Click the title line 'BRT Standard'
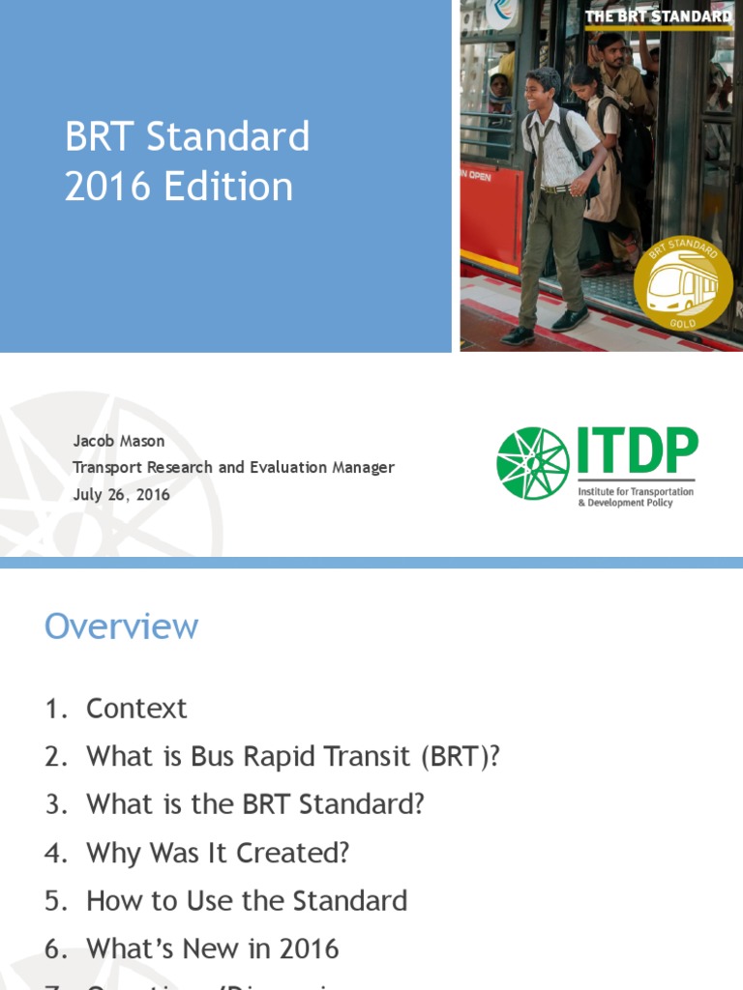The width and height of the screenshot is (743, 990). [187, 137]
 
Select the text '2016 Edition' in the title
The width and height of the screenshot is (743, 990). [179, 187]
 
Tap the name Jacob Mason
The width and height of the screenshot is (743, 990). [119, 441]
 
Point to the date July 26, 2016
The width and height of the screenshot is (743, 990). [122, 494]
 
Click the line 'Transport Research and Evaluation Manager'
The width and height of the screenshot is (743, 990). [234, 467]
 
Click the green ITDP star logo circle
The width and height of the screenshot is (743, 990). [533, 463]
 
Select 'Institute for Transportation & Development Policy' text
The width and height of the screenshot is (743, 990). [636, 497]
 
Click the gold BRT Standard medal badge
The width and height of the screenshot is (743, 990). [684, 286]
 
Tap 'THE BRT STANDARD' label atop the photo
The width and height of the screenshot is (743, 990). [658, 16]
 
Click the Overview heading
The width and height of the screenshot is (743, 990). [121, 626]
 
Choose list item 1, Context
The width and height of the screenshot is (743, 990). [136, 709]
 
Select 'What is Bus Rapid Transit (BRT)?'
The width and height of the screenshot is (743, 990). [293, 756]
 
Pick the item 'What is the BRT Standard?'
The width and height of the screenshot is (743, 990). [255, 804]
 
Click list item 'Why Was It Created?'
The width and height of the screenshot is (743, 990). [218, 853]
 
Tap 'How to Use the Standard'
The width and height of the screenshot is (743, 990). [247, 901]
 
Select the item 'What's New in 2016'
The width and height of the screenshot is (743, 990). [213, 948]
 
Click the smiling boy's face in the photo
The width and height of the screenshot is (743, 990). [540, 93]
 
